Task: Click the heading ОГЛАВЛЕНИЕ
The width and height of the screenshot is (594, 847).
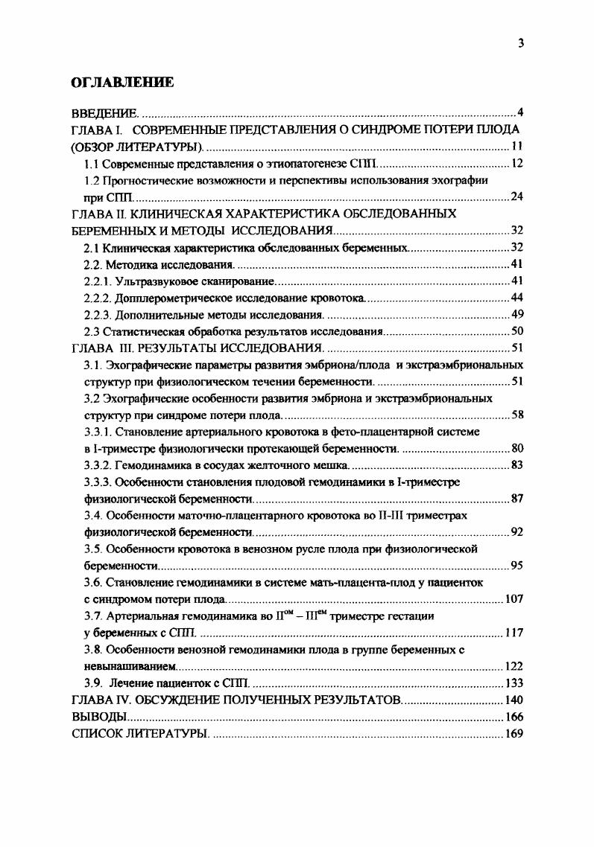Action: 122,83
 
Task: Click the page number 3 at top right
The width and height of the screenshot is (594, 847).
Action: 521,42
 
